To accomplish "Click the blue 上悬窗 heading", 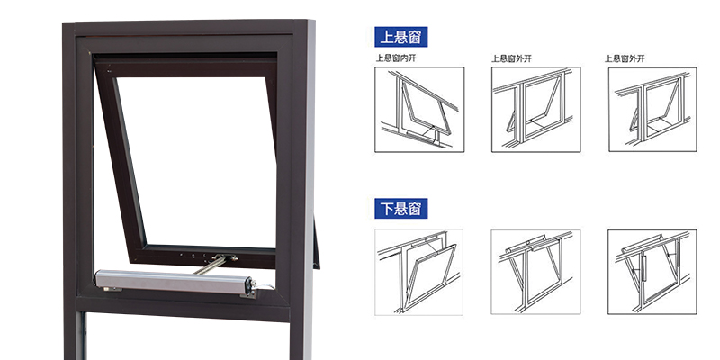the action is [x=400, y=37].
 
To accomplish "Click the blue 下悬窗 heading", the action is [x=400, y=209].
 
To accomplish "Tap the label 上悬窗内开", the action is [x=396, y=58].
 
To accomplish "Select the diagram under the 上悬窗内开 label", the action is [x=419, y=109].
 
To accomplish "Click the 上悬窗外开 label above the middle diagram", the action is [x=511, y=58].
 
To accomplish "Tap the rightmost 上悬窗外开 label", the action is [x=625, y=58].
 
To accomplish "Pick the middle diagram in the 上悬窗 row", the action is [x=535, y=109].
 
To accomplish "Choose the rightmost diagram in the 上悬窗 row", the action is [x=652, y=109].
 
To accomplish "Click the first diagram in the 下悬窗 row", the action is [x=418, y=273].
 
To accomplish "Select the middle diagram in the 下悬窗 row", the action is [x=535, y=272].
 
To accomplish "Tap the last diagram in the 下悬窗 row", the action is [x=652, y=272].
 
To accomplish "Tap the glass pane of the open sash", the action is [x=195, y=161].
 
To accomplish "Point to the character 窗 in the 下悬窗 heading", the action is [x=415, y=209].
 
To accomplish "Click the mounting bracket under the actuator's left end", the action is [x=112, y=289].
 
